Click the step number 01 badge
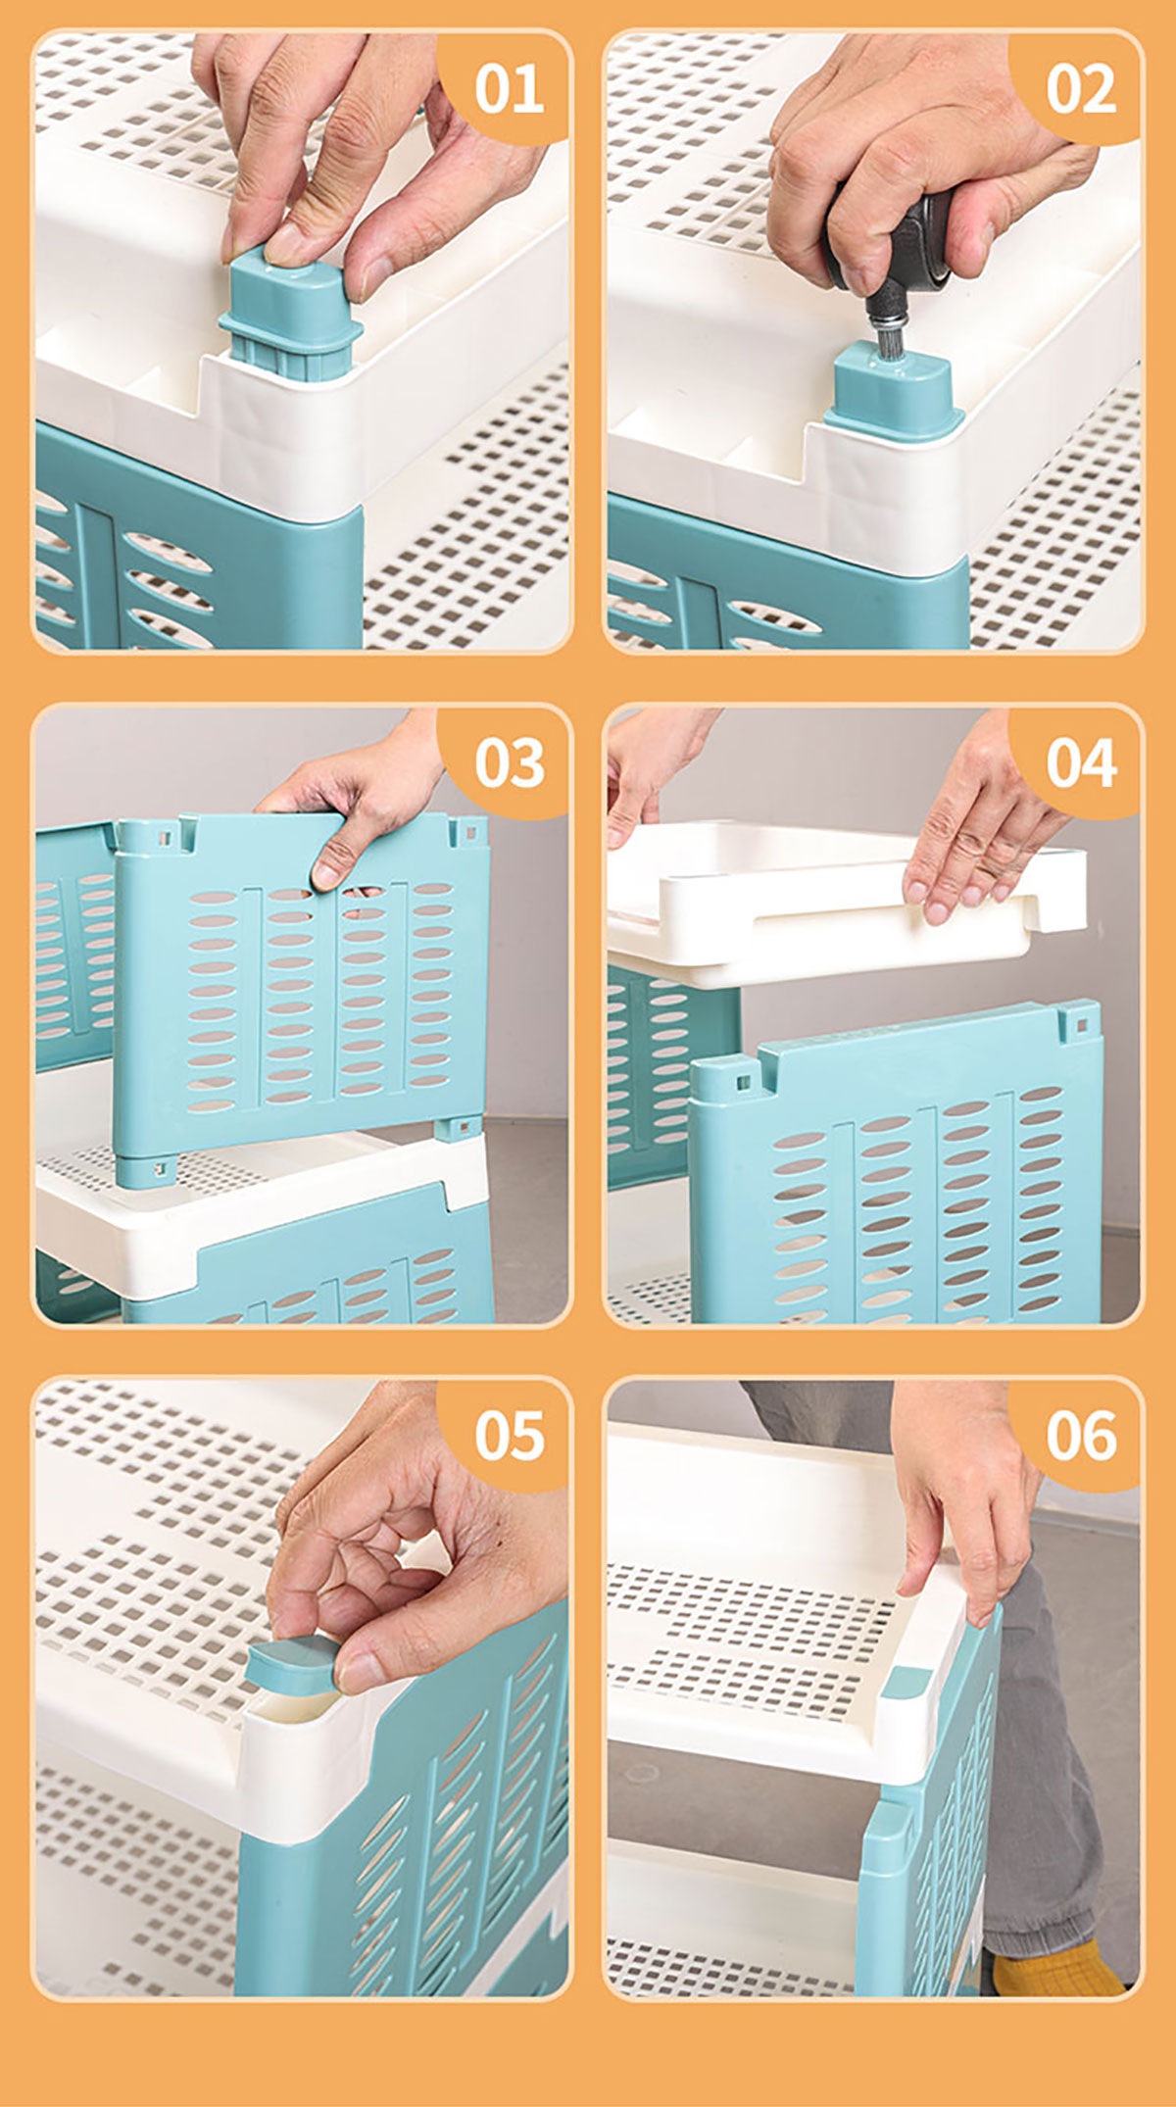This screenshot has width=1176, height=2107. coord(508,88)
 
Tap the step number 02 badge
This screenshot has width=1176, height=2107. coord(1080,88)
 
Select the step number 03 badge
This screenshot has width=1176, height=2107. coord(508,762)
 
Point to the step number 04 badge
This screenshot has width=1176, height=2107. coord(1080,762)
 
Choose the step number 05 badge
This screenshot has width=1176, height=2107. coord(508,1436)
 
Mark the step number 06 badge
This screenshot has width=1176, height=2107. coord(1080,1436)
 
